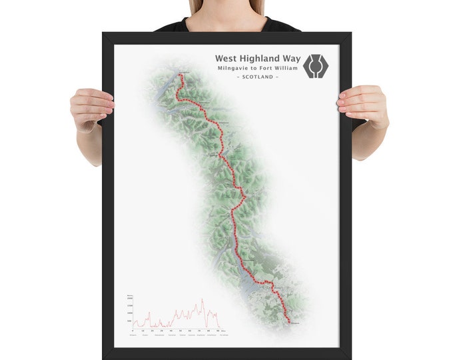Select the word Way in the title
[x=289, y=58]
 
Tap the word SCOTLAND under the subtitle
[x=258, y=78]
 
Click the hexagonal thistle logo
[x=316, y=65]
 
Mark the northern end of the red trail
[x=181, y=76]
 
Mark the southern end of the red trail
[x=288, y=321]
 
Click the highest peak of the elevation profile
[x=203, y=299]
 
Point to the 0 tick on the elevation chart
[x=133, y=330]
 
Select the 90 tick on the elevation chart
[x=219, y=330]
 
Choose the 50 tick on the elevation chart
[x=181, y=330]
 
